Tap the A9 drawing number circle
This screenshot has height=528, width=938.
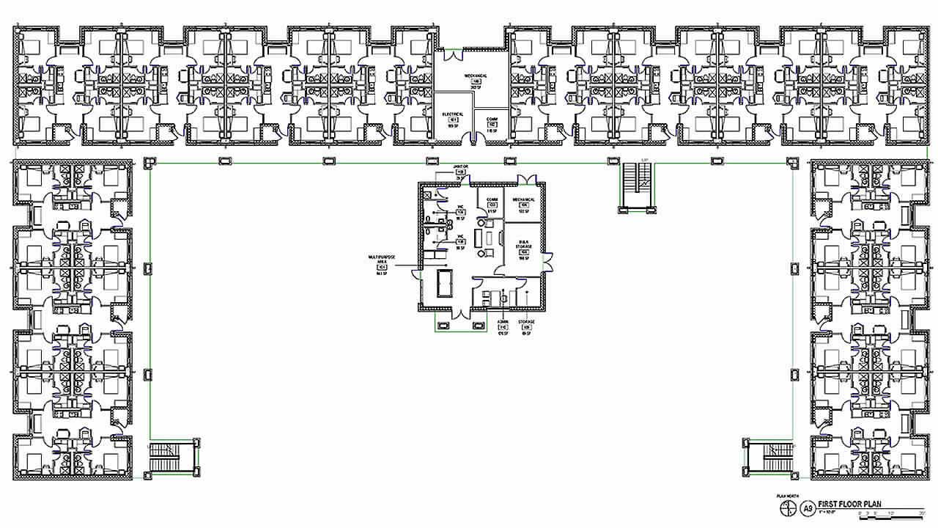tap(808, 507)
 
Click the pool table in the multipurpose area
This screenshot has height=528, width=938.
tap(445, 282)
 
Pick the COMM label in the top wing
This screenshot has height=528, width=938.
tap(492, 122)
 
